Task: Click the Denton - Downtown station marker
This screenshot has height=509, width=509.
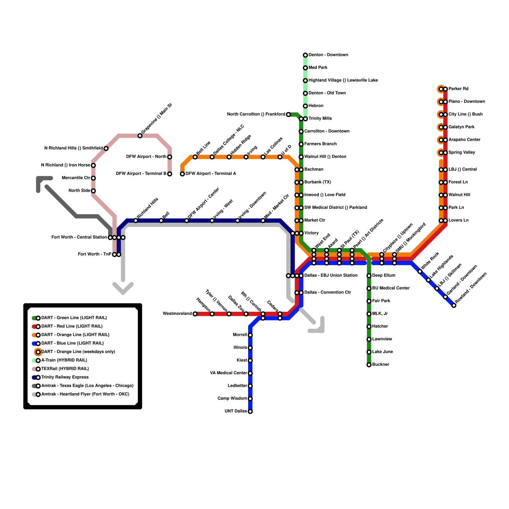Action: click(305, 55)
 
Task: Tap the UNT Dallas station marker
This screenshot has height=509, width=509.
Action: click(250, 412)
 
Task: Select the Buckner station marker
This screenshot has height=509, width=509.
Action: click(369, 365)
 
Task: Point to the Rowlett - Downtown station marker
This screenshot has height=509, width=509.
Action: click(454, 305)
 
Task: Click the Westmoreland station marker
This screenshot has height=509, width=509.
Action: click(195, 314)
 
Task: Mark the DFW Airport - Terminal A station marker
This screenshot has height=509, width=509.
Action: click(182, 174)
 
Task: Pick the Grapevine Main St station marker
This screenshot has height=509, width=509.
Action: click(140, 136)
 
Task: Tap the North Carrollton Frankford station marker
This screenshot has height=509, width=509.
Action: click(288, 115)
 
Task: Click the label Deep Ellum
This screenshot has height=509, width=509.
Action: click(384, 275)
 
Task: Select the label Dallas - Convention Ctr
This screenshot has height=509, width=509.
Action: click(328, 292)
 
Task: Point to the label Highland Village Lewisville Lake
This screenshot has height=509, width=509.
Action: click(343, 80)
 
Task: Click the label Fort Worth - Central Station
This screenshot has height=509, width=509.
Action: click(79, 237)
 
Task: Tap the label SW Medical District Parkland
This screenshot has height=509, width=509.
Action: click(336, 208)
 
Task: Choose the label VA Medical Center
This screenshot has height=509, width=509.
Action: click(229, 373)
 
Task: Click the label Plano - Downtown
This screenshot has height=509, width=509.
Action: click(467, 102)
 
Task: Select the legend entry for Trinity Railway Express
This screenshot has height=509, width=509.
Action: click(65, 377)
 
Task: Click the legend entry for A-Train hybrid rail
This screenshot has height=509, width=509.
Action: click(64, 360)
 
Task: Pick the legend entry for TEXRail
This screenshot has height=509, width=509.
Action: click(65, 369)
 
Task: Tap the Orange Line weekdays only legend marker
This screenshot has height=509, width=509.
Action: click(38, 352)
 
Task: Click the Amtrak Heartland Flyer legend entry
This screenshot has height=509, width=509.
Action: click(85, 394)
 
